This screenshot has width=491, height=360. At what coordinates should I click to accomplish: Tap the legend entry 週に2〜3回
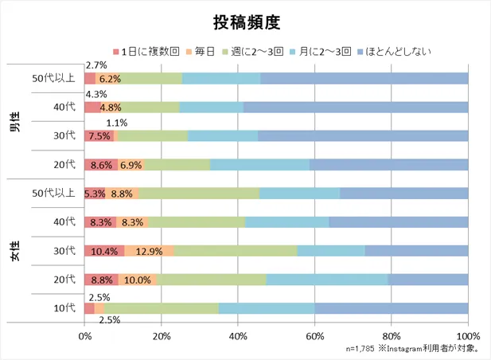point(261,52)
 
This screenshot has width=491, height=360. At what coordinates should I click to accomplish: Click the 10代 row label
point(64,308)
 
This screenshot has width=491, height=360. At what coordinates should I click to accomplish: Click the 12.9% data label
point(149,251)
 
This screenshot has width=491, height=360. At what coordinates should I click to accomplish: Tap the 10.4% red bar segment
point(104,251)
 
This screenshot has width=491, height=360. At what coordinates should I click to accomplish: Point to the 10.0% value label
point(138,280)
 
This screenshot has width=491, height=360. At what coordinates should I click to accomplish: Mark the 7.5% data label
point(99,136)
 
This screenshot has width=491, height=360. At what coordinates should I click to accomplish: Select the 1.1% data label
point(117,123)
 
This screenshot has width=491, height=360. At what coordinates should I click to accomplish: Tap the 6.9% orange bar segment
point(132,165)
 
